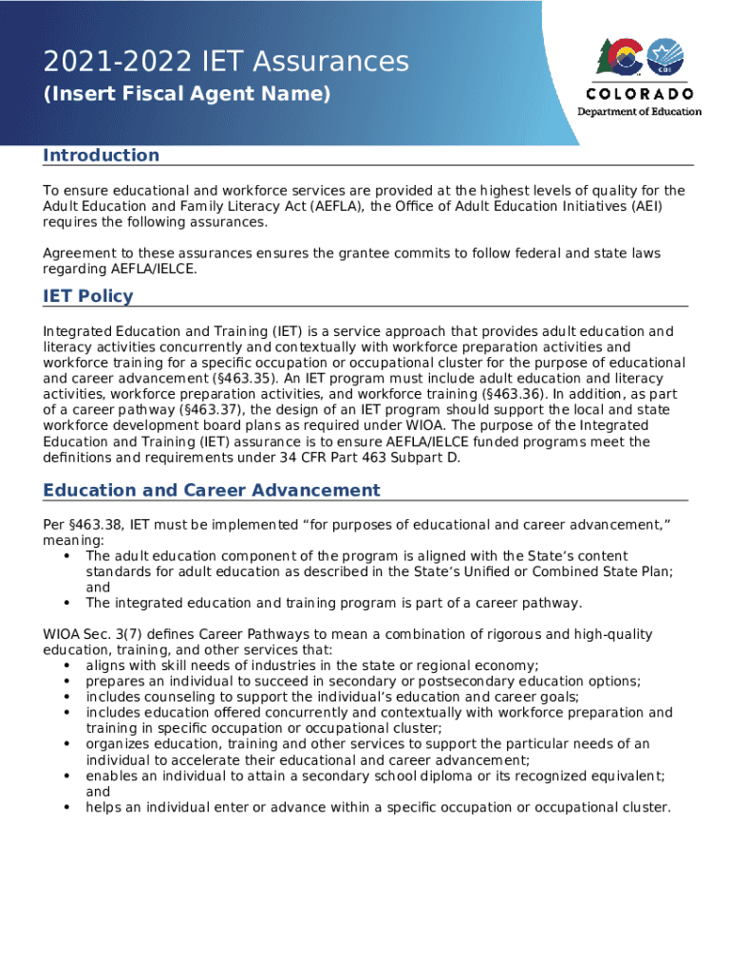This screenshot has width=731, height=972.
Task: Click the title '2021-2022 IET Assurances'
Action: point(226,63)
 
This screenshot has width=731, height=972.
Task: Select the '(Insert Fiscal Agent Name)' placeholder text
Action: point(187,95)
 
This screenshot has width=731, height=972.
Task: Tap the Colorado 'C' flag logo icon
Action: point(621,59)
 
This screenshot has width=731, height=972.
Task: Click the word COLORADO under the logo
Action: point(640,94)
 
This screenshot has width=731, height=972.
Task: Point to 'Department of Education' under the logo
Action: point(640,112)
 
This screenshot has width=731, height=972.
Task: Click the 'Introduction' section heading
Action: point(102,156)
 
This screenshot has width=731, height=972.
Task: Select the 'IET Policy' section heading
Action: point(88,296)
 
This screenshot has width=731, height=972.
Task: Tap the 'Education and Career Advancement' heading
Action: point(211,491)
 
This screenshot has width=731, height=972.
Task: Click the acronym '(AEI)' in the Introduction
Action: point(643,207)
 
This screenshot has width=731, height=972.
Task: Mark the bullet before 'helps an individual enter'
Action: point(66,808)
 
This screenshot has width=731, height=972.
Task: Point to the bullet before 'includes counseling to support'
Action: point(66,697)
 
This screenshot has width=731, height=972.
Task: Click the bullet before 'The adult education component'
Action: point(66,556)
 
